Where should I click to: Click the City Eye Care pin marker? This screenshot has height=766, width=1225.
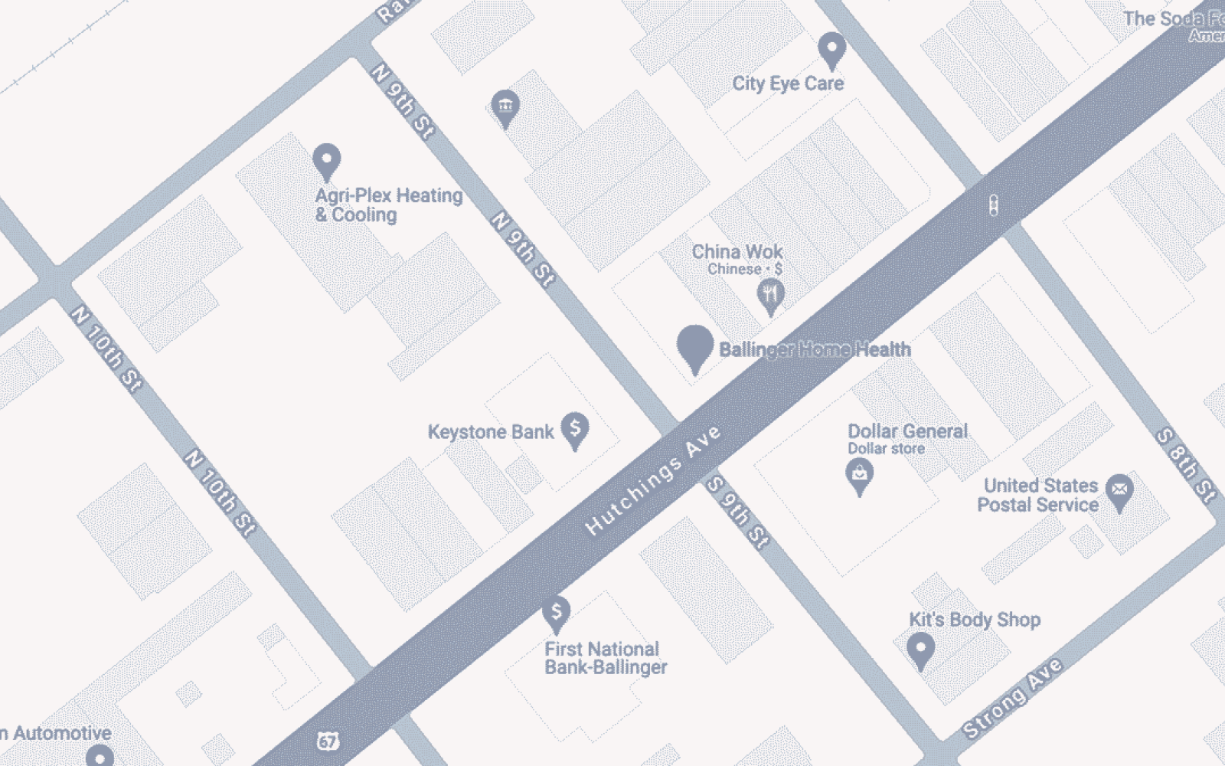(831, 49)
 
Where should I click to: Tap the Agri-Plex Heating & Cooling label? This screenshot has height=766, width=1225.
(389, 205)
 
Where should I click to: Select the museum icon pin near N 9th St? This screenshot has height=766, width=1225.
(505, 106)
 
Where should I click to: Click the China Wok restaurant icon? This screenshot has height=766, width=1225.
(770, 294)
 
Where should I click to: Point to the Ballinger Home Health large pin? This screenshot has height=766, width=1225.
(694, 346)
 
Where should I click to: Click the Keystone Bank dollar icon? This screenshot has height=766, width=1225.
(574, 428)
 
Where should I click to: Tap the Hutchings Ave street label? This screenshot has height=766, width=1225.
(653, 480)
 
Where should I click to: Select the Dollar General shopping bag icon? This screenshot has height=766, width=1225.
(859, 475)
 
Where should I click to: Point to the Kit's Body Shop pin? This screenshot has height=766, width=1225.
(920, 650)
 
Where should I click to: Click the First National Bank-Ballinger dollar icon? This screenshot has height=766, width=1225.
(557, 612)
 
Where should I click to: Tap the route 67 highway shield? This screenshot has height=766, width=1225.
(328, 741)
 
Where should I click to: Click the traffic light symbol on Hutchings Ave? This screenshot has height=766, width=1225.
(993, 205)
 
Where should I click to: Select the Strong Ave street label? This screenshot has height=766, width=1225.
(1012, 698)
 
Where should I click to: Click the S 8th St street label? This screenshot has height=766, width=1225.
(1186, 465)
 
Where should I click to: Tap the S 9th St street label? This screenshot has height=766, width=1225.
(737, 512)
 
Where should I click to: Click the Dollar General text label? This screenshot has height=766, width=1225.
(907, 431)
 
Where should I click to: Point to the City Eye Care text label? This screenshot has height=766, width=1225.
(788, 83)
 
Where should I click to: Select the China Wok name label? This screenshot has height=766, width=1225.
(737, 252)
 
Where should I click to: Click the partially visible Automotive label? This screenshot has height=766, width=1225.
(58, 733)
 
